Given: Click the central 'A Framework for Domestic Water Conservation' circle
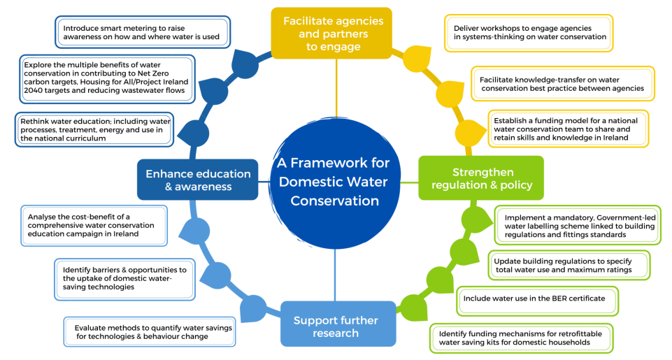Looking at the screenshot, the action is (335, 182).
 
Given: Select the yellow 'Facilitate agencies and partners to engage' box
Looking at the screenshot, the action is (331, 33).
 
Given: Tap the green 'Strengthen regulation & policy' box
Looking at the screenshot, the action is (481, 178).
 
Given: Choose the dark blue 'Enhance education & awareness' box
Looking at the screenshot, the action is (198, 180).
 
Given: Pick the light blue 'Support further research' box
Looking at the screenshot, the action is (338, 324).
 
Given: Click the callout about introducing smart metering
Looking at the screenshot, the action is (143, 32).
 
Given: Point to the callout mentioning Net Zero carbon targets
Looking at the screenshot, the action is (107, 79).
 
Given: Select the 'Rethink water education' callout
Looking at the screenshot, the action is (94, 129).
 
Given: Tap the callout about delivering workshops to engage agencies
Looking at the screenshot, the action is (529, 33).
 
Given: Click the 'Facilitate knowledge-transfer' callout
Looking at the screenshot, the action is (563, 84).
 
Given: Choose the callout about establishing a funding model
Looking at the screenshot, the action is (569, 129).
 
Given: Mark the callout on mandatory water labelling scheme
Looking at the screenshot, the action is (578, 225).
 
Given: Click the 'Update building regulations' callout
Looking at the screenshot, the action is (569, 266).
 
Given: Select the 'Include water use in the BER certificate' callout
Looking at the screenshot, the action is (538, 301).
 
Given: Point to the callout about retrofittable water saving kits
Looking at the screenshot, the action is (521, 338).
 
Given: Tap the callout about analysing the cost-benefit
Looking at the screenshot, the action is (94, 225).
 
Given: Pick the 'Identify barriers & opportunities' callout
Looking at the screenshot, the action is (124, 279).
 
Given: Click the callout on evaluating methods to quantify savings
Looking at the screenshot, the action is (150, 332).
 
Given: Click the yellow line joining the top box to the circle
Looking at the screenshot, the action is (336, 88).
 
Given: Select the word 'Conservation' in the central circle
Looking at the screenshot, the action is (335, 201).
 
